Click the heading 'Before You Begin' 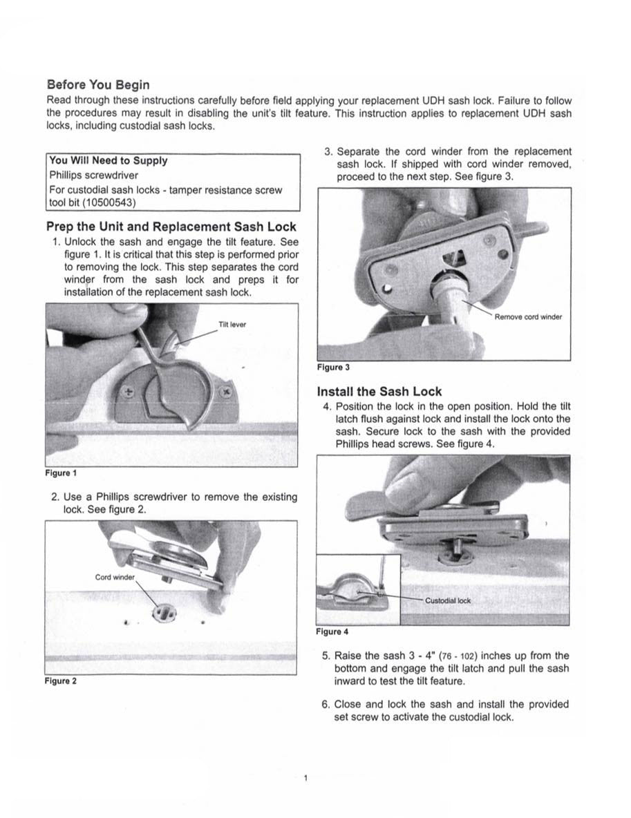97,84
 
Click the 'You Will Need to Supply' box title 108,160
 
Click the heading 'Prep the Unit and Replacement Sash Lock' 171,227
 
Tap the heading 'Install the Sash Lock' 379,391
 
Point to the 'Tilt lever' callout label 232,324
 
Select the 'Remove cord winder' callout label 528,317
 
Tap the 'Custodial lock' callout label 447,600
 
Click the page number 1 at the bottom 305,779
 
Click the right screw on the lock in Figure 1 225,392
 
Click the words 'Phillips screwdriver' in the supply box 93,175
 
